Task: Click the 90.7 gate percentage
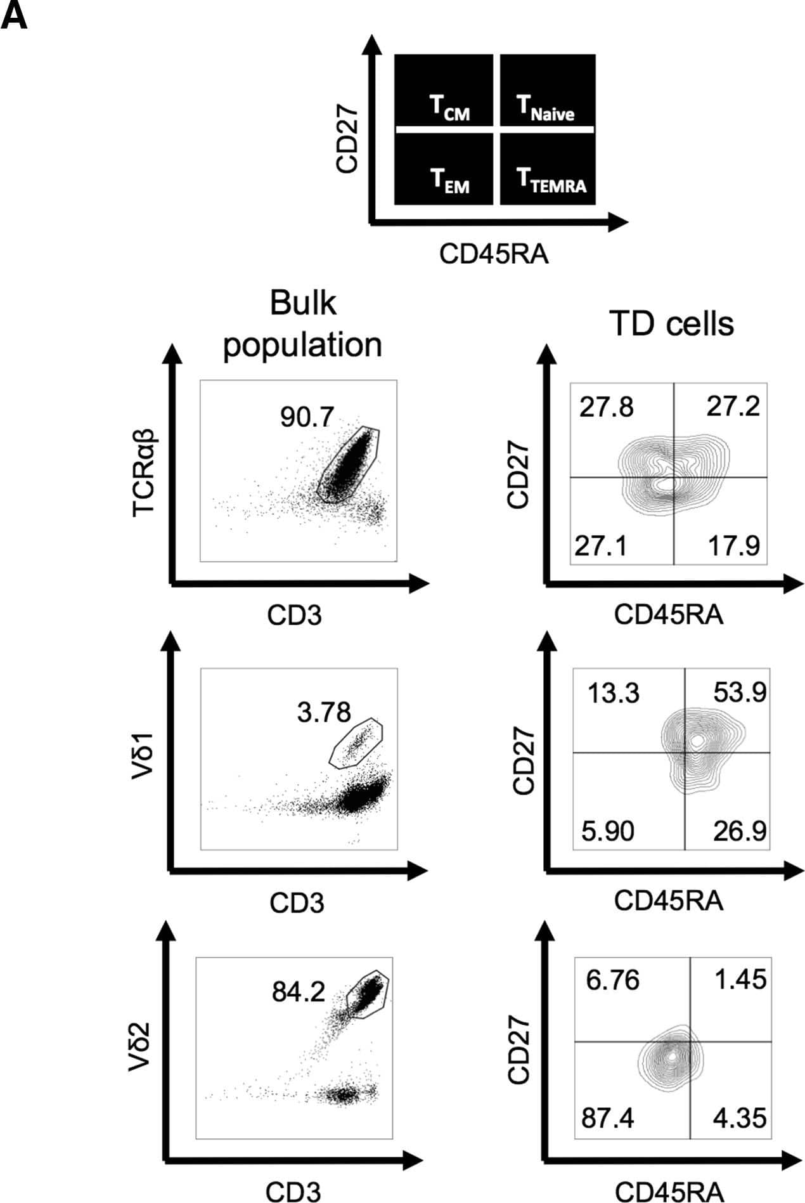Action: [307, 417]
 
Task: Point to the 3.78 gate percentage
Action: [324, 712]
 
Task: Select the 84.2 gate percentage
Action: [299, 991]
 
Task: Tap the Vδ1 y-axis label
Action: [145, 760]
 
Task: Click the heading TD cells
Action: [671, 324]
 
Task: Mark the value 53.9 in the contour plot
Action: [740, 693]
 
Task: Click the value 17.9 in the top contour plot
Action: [733, 545]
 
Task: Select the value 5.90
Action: [608, 831]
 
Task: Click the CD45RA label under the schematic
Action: [494, 255]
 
